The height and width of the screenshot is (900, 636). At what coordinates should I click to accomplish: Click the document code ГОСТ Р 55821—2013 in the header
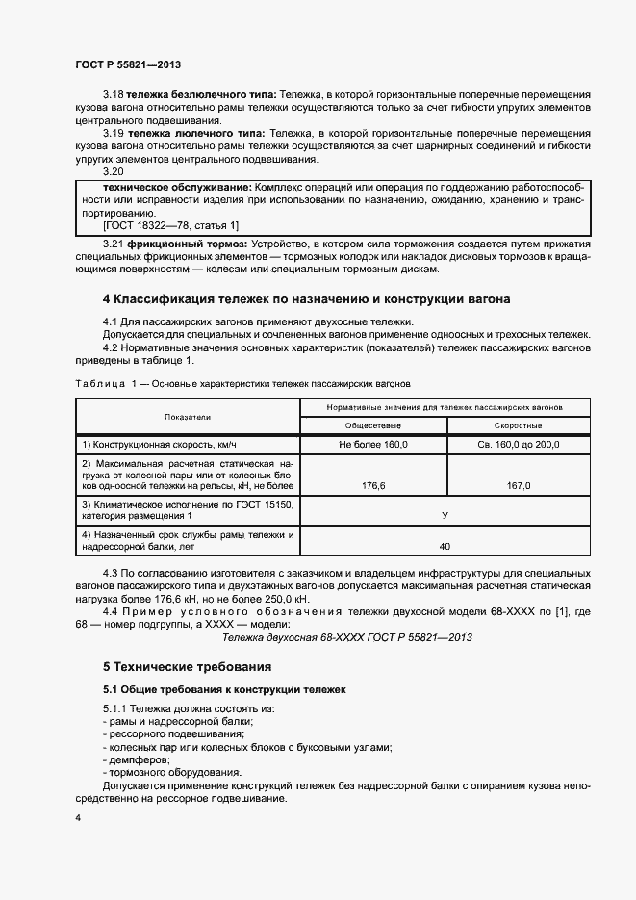[x=128, y=64]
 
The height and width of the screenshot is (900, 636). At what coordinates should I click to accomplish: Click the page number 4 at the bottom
[x=78, y=817]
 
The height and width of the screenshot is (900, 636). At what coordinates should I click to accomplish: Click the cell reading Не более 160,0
[x=374, y=444]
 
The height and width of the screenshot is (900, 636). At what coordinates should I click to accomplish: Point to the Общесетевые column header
[x=374, y=424]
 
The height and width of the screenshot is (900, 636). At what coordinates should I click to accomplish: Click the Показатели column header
[x=187, y=416]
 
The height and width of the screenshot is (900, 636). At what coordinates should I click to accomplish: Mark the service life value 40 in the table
[x=445, y=546]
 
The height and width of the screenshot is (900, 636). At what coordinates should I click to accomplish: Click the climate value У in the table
[x=445, y=515]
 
